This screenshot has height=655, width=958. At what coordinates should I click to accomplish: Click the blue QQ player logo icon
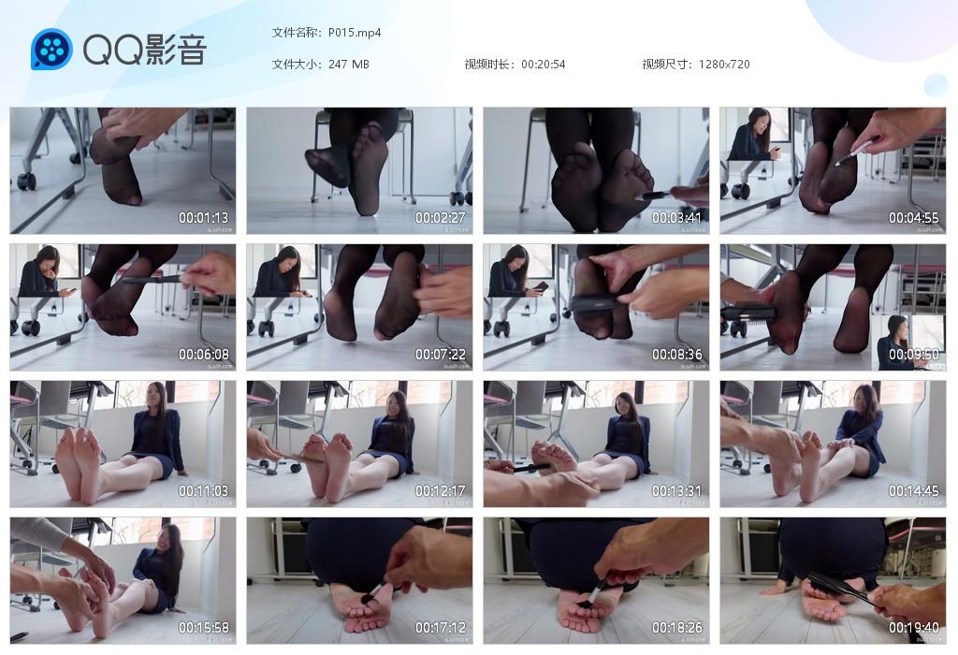(51, 49)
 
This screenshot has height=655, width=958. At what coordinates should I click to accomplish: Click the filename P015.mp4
(355, 33)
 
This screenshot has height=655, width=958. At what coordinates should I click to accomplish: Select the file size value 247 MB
(349, 65)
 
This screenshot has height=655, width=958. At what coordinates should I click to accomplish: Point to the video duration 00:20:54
(543, 65)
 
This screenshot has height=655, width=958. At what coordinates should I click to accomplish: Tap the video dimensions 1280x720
(723, 65)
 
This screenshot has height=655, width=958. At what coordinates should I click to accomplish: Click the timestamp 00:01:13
(204, 218)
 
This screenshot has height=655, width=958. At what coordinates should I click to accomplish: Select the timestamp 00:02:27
(441, 218)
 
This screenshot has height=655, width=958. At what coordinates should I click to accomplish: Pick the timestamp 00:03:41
(677, 218)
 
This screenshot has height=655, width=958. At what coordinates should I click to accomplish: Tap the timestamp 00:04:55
(914, 218)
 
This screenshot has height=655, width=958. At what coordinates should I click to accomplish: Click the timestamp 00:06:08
(204, 355)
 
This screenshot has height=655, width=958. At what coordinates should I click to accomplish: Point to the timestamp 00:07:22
(441, 355)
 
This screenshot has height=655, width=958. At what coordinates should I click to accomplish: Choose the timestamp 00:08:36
(677, 355)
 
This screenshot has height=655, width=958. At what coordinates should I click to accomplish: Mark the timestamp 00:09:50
(914, 355)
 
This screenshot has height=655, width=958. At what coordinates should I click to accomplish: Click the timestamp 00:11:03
(204, 491)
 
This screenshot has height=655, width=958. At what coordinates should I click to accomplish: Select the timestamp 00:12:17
(441, 491)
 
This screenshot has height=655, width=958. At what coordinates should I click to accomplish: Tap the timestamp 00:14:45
(914, 491)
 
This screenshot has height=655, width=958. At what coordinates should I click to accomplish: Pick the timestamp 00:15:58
(204, 628)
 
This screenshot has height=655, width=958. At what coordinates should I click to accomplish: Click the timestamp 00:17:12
(441, 628)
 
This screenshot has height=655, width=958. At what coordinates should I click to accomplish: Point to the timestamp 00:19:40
(914, 628)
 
